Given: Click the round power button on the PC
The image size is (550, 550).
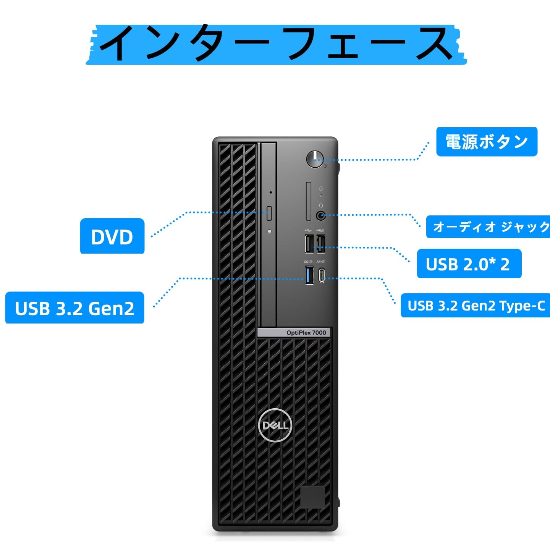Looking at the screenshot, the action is (315, 159).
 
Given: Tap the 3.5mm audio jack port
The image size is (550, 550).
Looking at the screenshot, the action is (321, 216).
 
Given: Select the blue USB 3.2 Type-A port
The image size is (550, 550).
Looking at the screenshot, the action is (309, 275).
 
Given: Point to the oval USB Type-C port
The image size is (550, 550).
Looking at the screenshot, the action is (322, 275).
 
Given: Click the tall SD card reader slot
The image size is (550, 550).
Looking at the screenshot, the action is (308, 201).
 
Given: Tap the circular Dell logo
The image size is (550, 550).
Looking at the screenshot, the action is (275, 425).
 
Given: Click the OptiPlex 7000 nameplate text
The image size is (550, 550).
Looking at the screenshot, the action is (306, 333).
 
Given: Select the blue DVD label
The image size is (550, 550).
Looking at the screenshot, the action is (112, 236).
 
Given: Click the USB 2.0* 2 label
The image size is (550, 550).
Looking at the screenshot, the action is (469, 264).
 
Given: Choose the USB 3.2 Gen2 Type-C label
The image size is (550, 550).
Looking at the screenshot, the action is (476, 306).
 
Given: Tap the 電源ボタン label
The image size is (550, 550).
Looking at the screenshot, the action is (487, 142).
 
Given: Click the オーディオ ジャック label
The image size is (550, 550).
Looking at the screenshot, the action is (489, 227).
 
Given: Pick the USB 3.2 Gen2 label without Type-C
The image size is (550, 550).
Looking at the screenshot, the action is (74, 308).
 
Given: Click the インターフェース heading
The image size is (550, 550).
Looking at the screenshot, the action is (276, 44).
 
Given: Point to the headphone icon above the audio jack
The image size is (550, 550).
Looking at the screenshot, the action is (321, 205).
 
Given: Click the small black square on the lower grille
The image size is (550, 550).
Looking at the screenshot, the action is (312, 497).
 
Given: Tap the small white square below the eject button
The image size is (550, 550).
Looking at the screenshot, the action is (270, 231).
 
